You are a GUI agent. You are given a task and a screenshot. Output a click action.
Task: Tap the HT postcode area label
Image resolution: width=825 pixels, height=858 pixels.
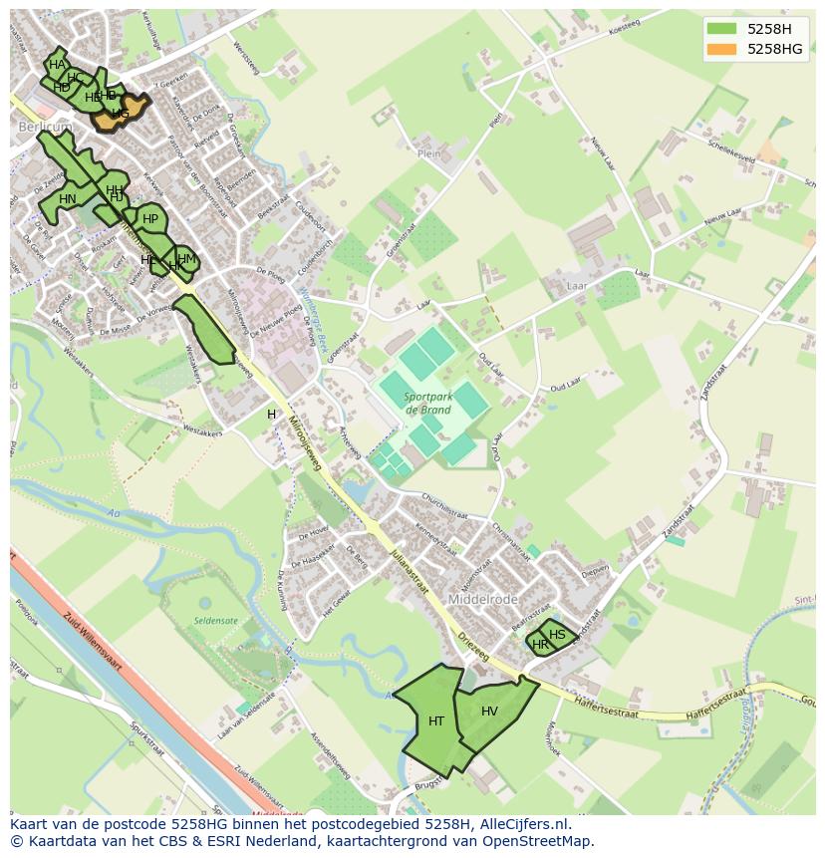(x=436, y=720)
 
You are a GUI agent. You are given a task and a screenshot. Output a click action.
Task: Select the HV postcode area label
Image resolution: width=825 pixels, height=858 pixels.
(x=489, y=712)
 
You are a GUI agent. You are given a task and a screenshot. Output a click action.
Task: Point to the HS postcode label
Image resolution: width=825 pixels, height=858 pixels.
(x=557, y=635)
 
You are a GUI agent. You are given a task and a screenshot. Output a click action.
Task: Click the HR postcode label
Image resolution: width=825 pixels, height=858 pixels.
(x=540, y=645)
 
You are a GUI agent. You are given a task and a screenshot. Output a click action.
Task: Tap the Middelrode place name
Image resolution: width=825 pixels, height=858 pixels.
(x=483, y=600)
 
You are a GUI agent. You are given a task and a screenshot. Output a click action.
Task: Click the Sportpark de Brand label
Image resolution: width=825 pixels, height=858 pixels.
(x=429, y=403)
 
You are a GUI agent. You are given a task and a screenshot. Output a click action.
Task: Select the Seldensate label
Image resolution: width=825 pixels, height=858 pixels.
(x=216, y=621)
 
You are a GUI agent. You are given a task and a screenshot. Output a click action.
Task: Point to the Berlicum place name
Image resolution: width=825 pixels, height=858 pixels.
(x=40, y=128)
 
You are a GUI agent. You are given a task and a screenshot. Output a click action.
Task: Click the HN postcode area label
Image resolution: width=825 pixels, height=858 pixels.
(x=68, y=199)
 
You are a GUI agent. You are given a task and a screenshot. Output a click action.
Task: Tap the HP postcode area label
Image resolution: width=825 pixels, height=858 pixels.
(x=150, y=219)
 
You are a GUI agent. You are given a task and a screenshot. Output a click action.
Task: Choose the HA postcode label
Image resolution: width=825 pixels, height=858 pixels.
(x=57, y=65)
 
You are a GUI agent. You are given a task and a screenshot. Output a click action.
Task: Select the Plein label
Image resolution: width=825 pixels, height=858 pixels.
(x=428, y=154)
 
